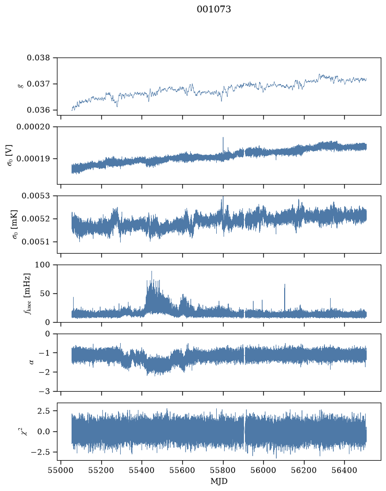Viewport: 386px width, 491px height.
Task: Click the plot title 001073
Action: [x=214, y=9]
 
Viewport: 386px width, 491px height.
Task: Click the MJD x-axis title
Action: [x=219, y=481]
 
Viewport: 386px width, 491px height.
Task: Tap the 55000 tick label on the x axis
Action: [x=61, y=470]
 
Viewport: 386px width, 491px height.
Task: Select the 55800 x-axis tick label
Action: [x=223, y=470]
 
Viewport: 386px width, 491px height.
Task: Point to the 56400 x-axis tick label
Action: [x=344, y=470]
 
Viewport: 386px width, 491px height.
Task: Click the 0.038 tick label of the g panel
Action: [x=38, y=58]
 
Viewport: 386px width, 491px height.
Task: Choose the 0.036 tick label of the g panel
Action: [x=38, y=110]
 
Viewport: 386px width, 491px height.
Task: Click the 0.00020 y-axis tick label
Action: [x=33, y=127]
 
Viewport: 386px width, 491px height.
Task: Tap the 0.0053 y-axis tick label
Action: [x=36, y=196]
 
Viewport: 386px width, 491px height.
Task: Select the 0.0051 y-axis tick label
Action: [x=36, y=242]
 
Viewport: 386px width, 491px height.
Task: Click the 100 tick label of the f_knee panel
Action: [x=42, y=265]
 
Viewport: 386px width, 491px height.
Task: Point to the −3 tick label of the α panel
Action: [x=44, y=392]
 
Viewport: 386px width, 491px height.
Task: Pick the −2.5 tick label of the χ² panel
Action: [x=40, y=452]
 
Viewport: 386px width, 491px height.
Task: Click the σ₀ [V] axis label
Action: [x=9, y=155]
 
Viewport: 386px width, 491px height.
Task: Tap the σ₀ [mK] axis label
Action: [x=15, y=224]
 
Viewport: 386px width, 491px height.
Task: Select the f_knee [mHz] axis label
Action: [x=28, y=293]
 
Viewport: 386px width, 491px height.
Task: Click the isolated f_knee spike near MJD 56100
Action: [x=285, y=297]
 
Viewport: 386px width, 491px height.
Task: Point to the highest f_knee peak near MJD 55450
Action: [x=151, y=272]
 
